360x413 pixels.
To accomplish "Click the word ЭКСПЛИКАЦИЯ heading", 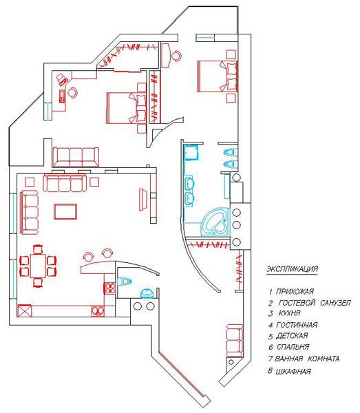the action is coord(292,269).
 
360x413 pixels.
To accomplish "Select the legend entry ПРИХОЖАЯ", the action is coord(295,292).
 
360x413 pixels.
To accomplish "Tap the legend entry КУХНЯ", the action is coord(289,313).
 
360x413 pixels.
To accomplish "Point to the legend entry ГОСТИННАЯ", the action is coord(297,325).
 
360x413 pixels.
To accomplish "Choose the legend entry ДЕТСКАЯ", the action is coord(292,336).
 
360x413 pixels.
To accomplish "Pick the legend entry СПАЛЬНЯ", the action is coord(293,347).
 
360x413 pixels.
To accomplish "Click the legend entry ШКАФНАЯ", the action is coord(293,372).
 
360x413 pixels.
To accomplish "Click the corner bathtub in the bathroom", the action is coord(216,222).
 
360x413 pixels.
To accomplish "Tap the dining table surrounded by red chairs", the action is coord(39,266).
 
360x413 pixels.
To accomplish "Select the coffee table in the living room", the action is coord(65,211).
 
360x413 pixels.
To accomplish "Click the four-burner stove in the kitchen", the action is coord(110,288).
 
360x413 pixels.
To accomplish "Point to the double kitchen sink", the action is coord(98,311).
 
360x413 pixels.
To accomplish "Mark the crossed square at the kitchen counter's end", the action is coord(25,311).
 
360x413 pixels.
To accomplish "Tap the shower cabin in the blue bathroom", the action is coord(192,152).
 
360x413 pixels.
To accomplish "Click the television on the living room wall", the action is coord(143,199).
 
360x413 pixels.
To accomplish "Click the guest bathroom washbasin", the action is coord(147,293).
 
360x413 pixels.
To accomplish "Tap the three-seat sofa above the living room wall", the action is coord(76,157).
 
